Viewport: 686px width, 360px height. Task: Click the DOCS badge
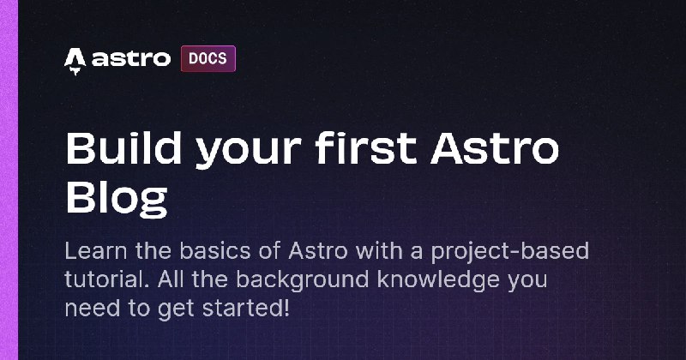point(208,59)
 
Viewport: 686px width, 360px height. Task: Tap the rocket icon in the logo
point(75,59)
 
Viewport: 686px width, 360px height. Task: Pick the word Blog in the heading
point(116,196)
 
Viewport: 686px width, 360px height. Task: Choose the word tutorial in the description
point(102,279)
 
